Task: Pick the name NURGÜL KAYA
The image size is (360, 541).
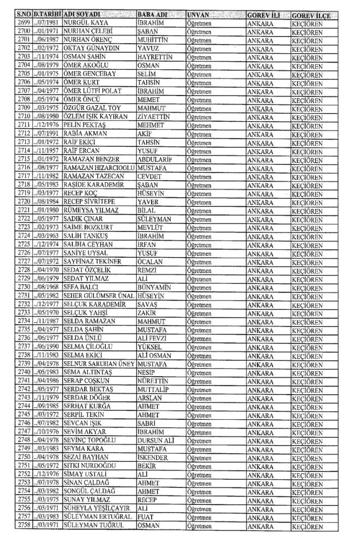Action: (x=86, y=22)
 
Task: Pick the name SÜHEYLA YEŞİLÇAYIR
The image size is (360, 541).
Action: (x=98, y=514)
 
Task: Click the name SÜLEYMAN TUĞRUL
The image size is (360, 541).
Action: (x=94, y=531)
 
